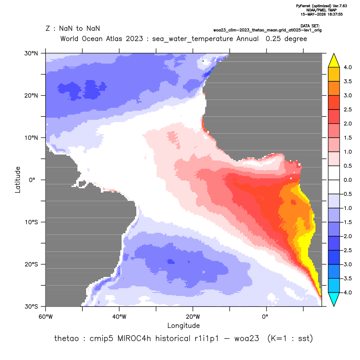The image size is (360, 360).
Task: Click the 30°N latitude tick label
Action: (31, 54)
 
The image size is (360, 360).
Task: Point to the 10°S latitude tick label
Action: (31, 222)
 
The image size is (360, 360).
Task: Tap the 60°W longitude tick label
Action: (46, 317)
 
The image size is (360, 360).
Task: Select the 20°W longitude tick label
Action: (193, 317)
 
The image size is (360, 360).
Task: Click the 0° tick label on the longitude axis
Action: (265, 317)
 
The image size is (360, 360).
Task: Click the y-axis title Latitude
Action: (18, 180)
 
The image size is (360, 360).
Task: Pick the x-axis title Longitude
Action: (183, 325)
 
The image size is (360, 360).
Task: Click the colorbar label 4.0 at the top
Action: (347, 67)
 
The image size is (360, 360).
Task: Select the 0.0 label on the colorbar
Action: (347, 180)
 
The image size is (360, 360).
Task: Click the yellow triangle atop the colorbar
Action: (334, 61)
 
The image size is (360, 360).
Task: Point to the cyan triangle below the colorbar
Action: (334, 299)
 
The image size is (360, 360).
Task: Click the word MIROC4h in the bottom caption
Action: (134, 338)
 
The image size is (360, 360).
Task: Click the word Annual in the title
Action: (247, 39)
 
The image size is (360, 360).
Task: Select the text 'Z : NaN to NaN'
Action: (73, 29)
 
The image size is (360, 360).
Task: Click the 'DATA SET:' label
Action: (310, 26)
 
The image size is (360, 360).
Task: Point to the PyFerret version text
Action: (321, 6)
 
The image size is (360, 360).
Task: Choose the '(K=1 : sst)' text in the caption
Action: (290, 338)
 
